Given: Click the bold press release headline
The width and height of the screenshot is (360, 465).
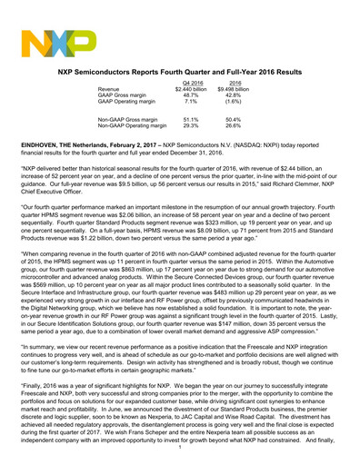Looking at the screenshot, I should point(179,70).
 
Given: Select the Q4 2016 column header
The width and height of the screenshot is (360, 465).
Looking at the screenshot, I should point(185,84).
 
